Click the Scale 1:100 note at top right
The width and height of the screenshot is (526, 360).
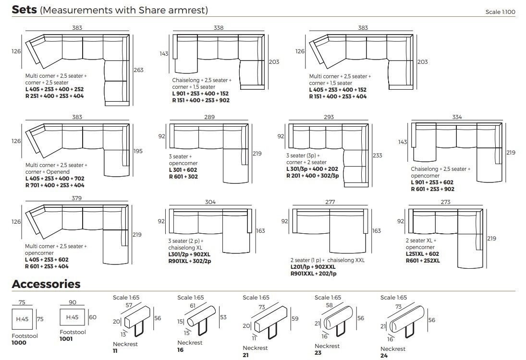pos(500,12)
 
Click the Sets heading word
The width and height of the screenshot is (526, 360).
pos(24,10)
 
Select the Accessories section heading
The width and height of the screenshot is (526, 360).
pos(46,284)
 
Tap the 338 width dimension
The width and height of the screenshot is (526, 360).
pos(219,28)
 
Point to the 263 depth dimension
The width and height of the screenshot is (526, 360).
pos(138,70)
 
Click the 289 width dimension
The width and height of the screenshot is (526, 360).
pos(209,117)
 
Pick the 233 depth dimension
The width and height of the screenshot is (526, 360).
pos(378,155)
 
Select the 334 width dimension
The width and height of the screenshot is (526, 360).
pos(457,117)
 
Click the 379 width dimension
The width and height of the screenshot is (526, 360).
pos(76,198)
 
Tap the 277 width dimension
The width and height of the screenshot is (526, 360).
pos(330,202)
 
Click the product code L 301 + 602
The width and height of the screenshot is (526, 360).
pos(183,170)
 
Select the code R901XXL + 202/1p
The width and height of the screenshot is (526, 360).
pos(313,274)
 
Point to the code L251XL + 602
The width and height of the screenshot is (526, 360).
pos(422,254)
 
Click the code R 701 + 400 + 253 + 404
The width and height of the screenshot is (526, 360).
pos(55,185)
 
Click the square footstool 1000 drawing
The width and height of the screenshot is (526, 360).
pos(23,319)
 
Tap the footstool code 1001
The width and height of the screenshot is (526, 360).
pos(66,339)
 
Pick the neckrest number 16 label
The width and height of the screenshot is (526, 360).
pos(181,350)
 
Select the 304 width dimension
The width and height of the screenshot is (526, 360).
pos(210,202)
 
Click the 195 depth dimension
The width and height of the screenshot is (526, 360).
pos(138,151)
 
